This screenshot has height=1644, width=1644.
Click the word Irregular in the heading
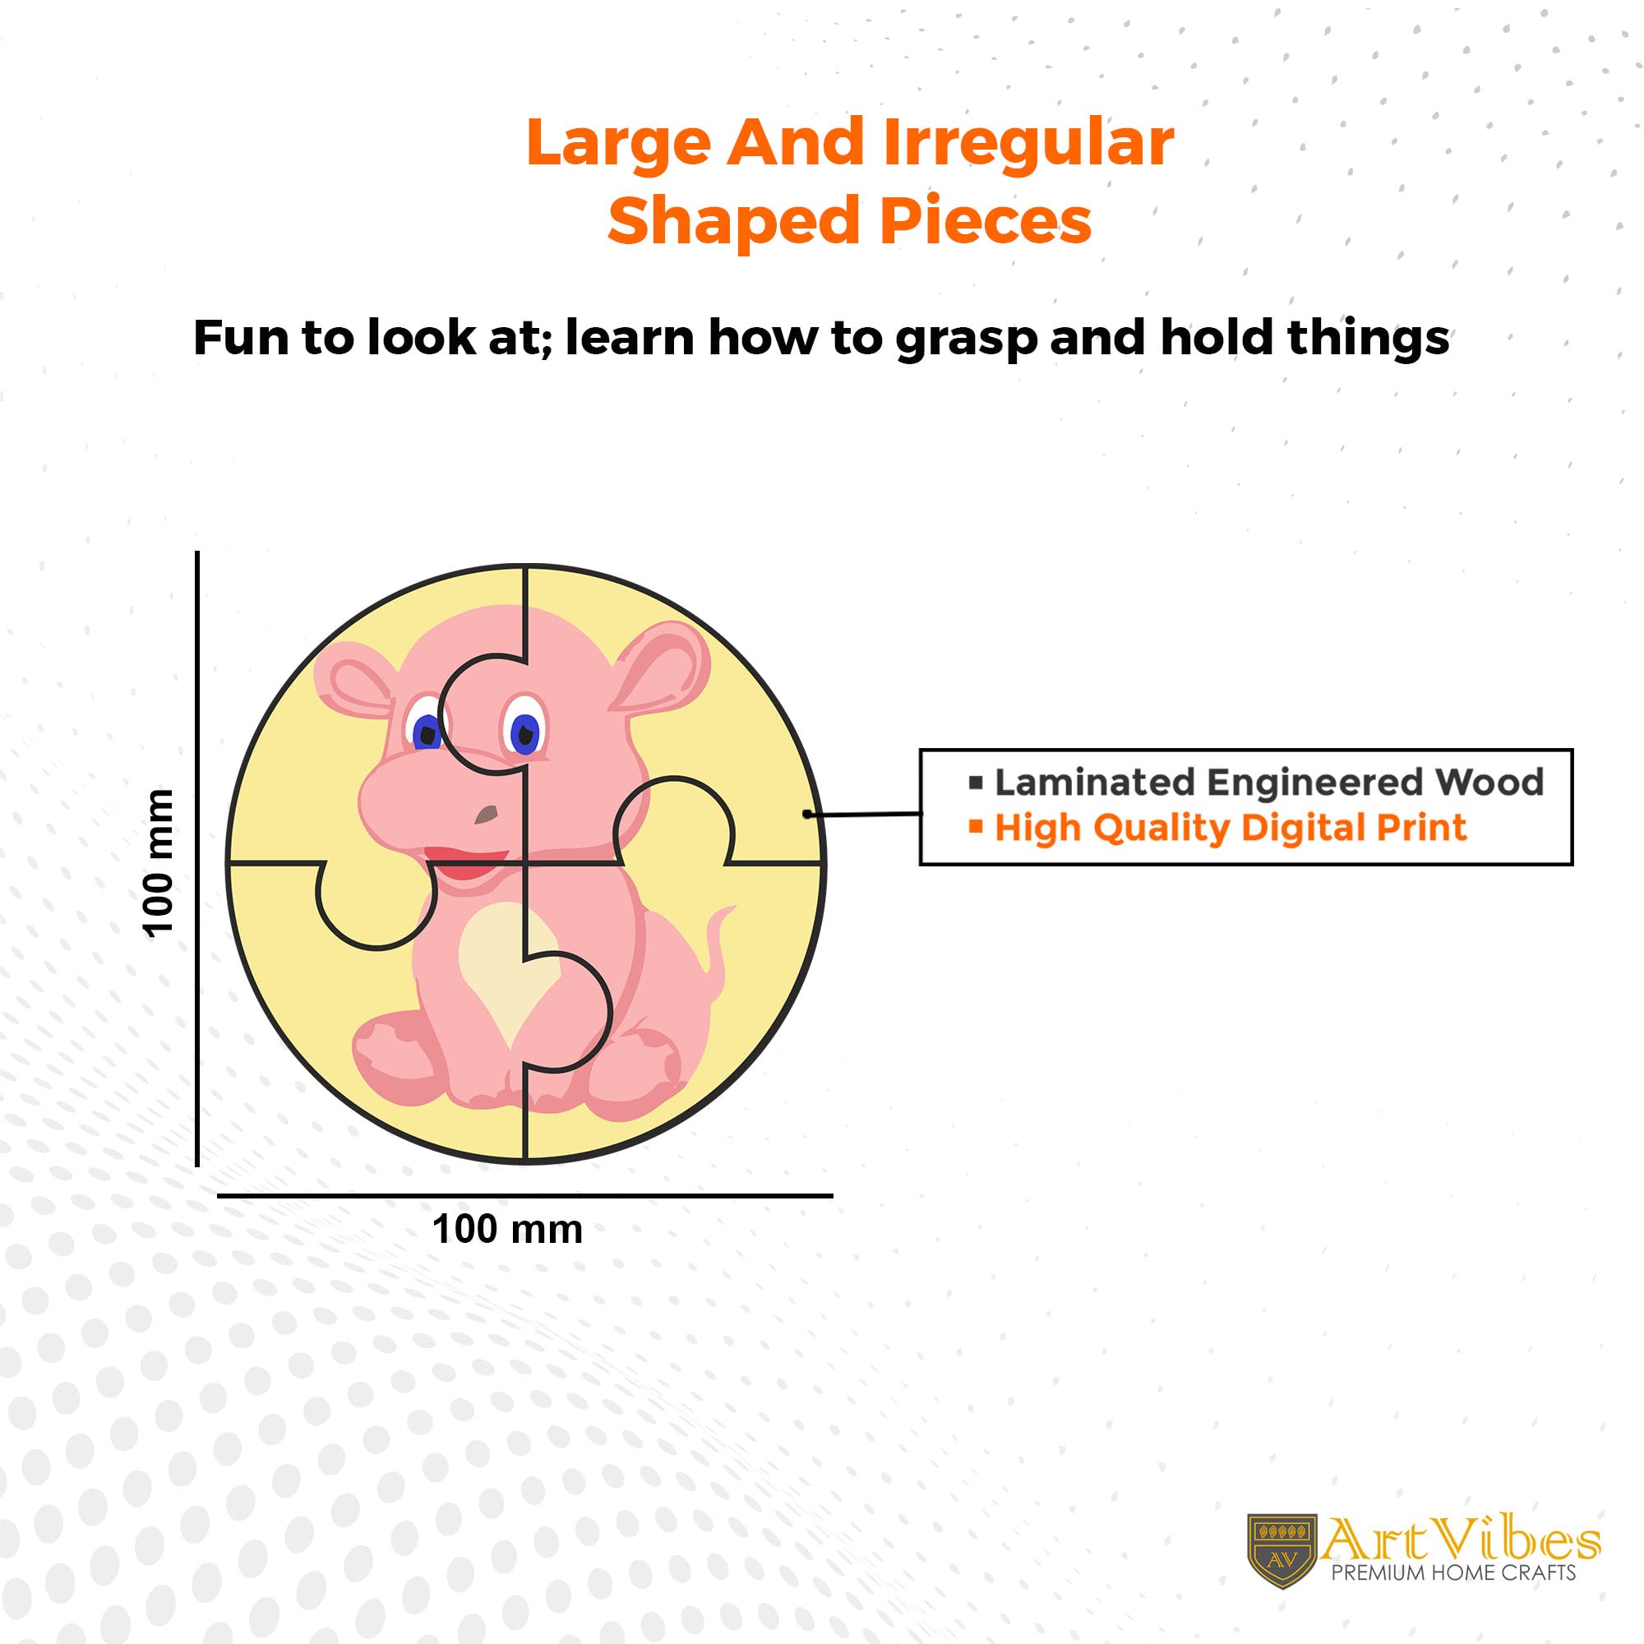click(1029, 143)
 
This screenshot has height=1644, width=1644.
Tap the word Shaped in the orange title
click(732, 221)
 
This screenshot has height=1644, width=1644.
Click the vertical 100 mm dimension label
click(159, 864)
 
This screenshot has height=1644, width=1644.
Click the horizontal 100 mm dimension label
click(507, 1230)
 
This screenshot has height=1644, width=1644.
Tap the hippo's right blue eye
click(525, 731)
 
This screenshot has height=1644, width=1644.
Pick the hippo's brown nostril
click(486, 815)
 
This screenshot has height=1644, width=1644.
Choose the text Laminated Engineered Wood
click(1268, 782)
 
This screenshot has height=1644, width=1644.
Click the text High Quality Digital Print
click(1231, 827)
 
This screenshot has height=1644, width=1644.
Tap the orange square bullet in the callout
click(976, 825)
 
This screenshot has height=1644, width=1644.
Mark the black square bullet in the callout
click(976, 782)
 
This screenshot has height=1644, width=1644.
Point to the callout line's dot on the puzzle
click(806, 815)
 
